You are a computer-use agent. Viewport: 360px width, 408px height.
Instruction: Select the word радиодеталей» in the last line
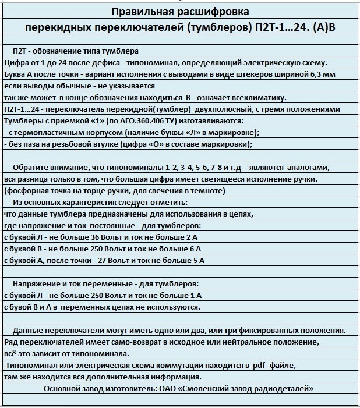click(285, 388)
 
